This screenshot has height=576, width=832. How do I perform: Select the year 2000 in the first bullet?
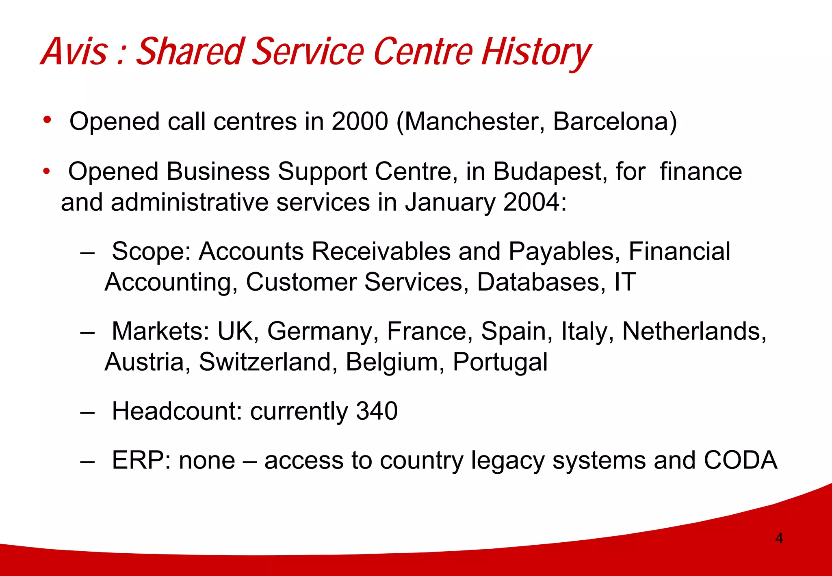[x=360, y=121]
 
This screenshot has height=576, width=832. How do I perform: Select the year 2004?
[x=532, y=202]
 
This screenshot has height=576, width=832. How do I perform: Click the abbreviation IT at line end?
[x=625, y=282]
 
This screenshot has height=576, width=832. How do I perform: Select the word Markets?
[x=160, y=331]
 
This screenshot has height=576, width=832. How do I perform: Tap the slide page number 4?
[x=779, y=538]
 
